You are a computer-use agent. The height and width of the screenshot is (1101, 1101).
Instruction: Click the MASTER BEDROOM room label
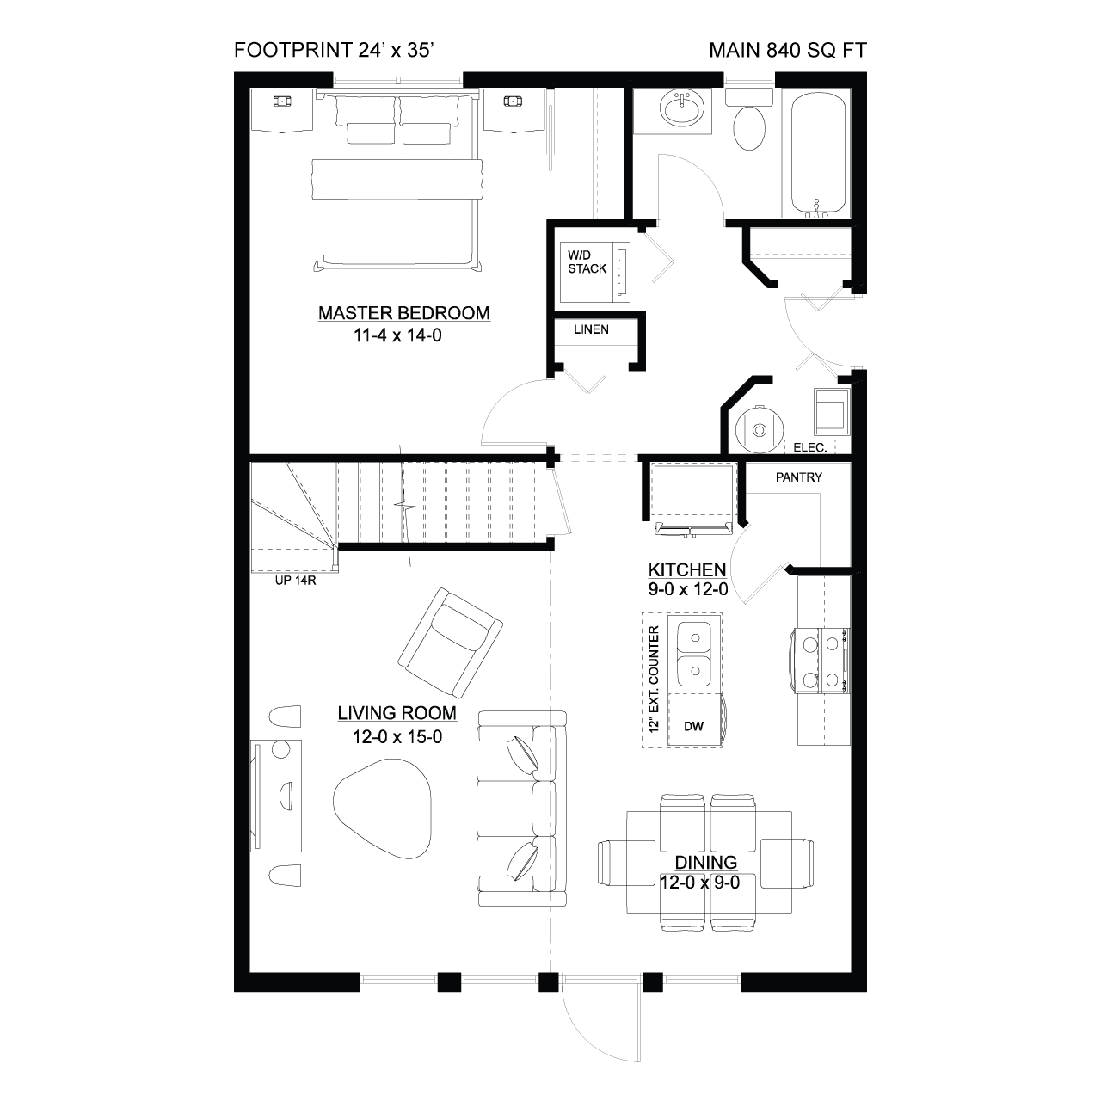click(404, 313)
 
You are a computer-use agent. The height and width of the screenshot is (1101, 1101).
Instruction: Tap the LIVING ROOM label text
click(397, 713)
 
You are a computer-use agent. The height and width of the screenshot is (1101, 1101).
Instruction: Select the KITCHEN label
click(687, 569)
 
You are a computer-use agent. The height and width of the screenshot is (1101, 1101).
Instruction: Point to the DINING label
click(706, 862)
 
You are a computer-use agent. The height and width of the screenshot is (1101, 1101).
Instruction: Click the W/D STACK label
click(587, 261)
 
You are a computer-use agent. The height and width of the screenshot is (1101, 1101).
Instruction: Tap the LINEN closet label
click(591, 329)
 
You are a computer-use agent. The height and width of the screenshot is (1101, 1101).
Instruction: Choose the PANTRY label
click(799, 477)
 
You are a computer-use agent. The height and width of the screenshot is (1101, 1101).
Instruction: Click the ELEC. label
click(810, 447)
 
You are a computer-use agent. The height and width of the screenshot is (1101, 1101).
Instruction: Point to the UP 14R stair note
click(295, 581)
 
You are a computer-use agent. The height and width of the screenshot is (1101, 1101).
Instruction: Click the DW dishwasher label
click(693, 726)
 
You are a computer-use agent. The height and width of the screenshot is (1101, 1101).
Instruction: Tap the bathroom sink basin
click(682, 108)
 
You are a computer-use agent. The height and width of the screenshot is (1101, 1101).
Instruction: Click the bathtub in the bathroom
click(818, 153)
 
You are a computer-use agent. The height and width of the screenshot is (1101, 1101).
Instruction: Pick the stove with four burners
click(821, 661)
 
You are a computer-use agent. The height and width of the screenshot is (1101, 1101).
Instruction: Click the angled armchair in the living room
click(450, 643)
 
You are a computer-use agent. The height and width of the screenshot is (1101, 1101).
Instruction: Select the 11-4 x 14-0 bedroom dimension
click(397, 335)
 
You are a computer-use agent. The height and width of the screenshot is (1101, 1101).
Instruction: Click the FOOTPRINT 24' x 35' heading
click(335, 50)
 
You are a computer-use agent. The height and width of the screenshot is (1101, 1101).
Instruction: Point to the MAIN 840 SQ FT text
click(788, 50)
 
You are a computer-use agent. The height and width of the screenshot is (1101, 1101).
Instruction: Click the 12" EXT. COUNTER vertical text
click(655, 679)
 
